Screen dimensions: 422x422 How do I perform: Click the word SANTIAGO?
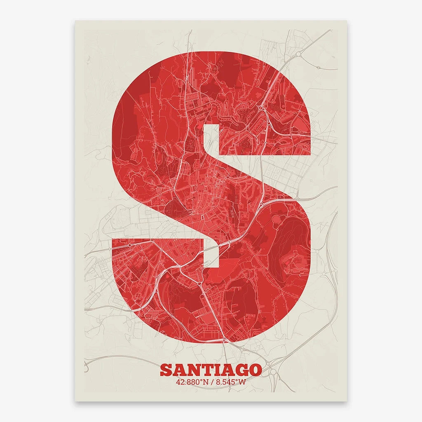tap(211, 370)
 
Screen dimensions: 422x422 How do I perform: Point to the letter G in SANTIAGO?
tap(241, 370)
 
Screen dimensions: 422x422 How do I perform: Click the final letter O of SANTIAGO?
tap(255, 370)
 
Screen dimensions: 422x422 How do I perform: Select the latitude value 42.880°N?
tap(192, 382)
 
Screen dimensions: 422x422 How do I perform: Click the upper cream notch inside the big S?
tap(211, 140)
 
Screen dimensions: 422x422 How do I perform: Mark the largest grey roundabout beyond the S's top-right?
tap(298, 54)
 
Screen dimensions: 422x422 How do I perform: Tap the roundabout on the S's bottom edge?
tap(224, 340)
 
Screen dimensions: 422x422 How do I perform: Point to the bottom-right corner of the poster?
tap(347, 401)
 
